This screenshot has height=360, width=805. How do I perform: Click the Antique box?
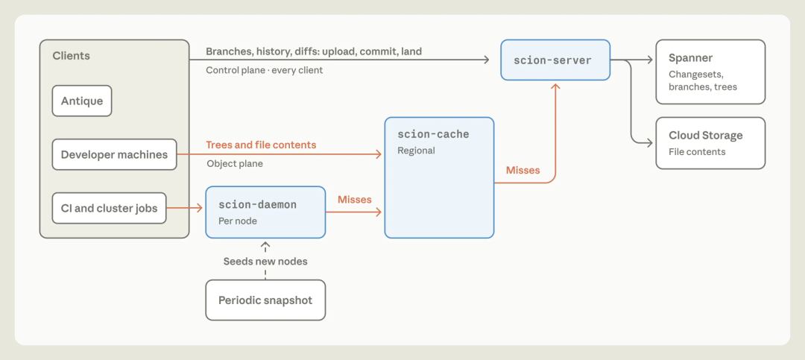click(x=82, y=101)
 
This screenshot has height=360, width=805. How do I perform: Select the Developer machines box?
click(x=114, y=154)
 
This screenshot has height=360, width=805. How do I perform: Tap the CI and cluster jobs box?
click(x=109, y=208)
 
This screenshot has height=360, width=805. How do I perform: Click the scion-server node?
click(x=555, y=60)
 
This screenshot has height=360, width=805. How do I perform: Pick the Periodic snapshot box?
click(x=265, y=300)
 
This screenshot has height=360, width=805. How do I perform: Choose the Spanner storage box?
click(x=710, y=72)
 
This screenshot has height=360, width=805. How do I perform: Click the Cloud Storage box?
click(x=710, y=143)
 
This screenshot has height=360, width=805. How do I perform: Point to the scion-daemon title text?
click(x=258, y=204)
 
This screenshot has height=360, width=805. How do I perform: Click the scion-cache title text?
click(x=433, y=135)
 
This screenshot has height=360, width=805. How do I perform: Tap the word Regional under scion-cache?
click(x=417, y=151)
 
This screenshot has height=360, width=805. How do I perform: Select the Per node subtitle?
click(x=238, y=221)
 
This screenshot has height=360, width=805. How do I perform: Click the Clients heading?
click(x=72, y=55)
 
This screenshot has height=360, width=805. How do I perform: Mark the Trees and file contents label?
click(x=261, y=145)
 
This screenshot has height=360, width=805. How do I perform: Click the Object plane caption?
click(x=235, y=164)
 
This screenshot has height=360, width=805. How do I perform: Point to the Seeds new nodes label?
click(x=265, y=262)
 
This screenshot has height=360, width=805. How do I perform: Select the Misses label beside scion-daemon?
click(x=355, y=199)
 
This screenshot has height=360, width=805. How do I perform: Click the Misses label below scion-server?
click(x=523, y=170)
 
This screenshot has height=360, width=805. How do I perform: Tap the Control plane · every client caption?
click(x=265, y=70)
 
